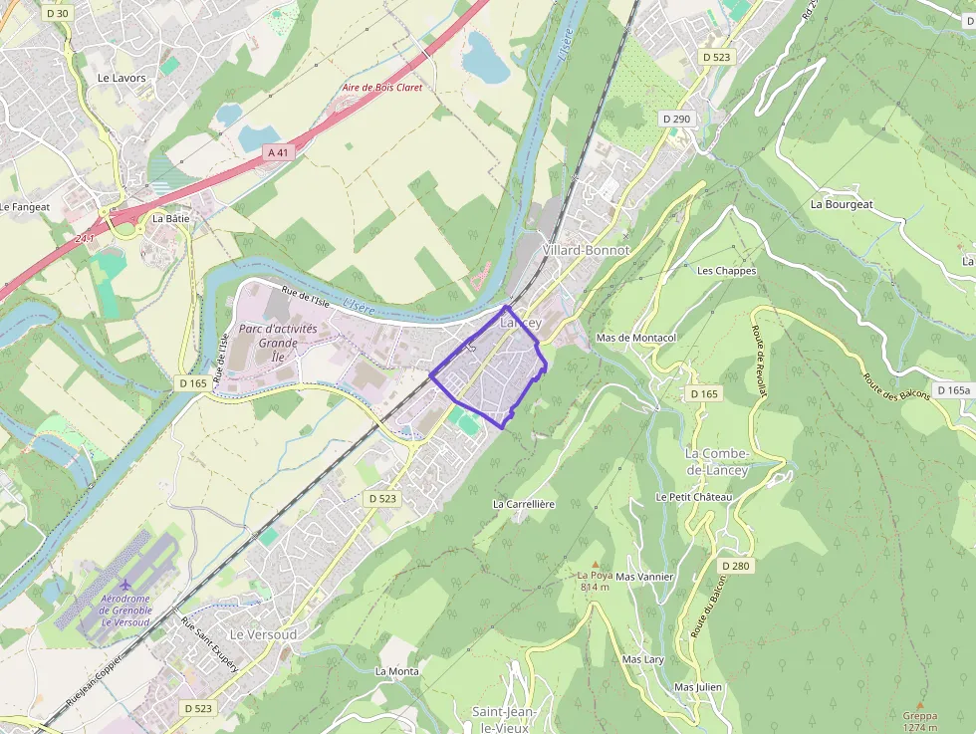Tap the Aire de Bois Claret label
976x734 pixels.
click(x=382, y=88)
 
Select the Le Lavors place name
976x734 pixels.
click(x=122, y=78)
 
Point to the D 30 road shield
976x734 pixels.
click(x=59, y=13)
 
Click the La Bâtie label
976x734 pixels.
click(x=170, y=218)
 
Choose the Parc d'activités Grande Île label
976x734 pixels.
click(x=278, y=336)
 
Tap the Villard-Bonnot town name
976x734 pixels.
click(x=588, y=250)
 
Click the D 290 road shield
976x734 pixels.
click(x=676, y=119)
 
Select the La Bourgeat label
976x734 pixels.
click(x=842, y=204)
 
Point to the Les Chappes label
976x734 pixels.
click(x=726, y=271)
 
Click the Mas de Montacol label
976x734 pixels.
click(x=635, y=338)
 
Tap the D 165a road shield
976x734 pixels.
click(x=953, y=390)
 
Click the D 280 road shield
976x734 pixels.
click(x=735, y=566)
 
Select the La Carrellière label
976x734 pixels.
click(x=524, y=504)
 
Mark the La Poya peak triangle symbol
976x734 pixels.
click(x=596, y=563)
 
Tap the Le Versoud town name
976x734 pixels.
click(x=263, y=633)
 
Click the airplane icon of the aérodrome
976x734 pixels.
click(x=124, y=585)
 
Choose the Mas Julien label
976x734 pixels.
click(x=698, y=687)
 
